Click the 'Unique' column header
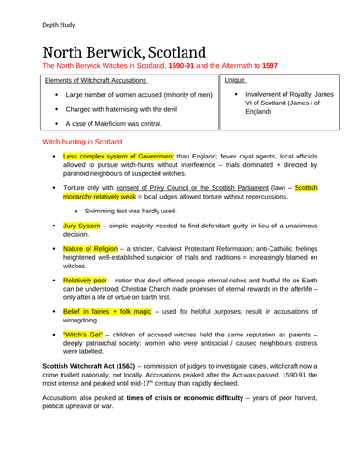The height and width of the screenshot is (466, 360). pos(234,83)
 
